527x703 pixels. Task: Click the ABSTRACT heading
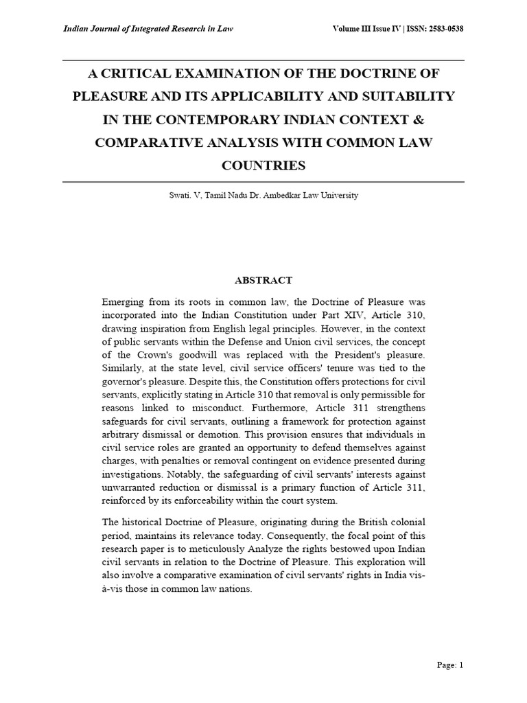tap(263, 280)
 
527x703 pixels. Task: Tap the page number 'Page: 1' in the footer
tap(451, 665)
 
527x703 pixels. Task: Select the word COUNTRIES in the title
tap(263, 165)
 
